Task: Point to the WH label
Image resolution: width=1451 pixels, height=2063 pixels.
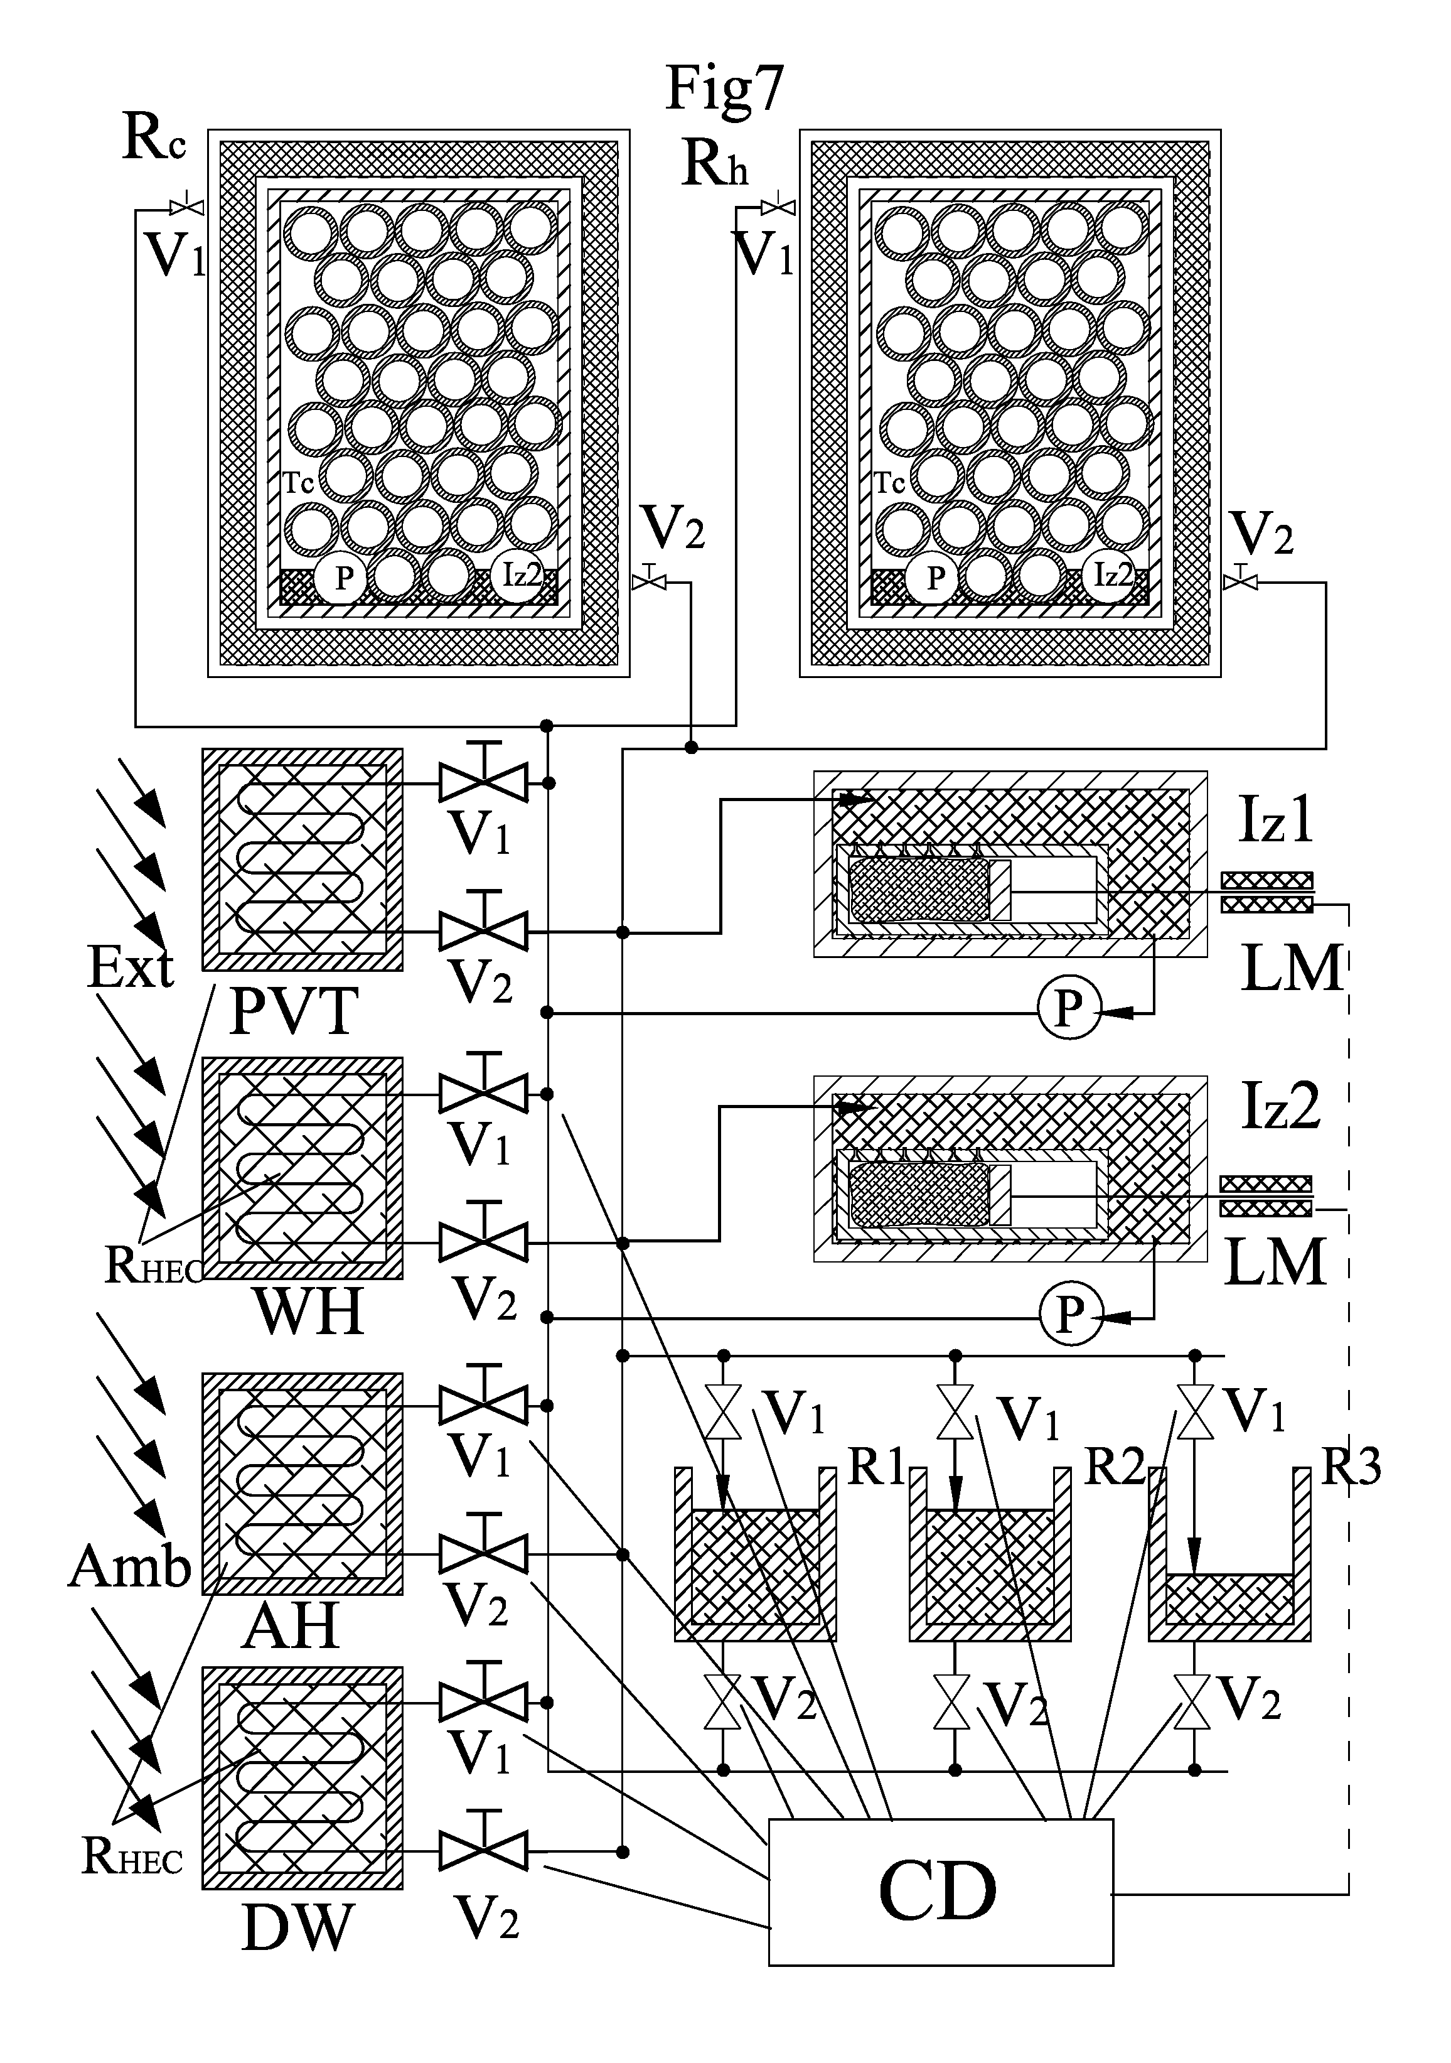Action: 309,1313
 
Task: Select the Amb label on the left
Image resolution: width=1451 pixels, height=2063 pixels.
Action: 131,1567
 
